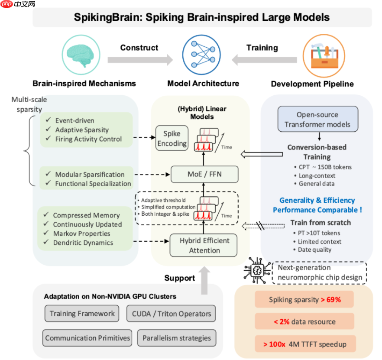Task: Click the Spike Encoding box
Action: tap(172, 138)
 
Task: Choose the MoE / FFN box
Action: tap(204, 174)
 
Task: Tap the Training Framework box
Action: tap(82, 314)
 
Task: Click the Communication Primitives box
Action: tap(88, 338)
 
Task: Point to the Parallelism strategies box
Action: tap(177, 338)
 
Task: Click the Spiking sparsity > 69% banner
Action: tap(304, 299)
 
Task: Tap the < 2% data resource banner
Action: tap(304, 321)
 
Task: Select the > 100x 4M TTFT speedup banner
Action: tap(304, 344)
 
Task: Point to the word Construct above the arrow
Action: tap(139, 48)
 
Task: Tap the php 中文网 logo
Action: tap(18, 5)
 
